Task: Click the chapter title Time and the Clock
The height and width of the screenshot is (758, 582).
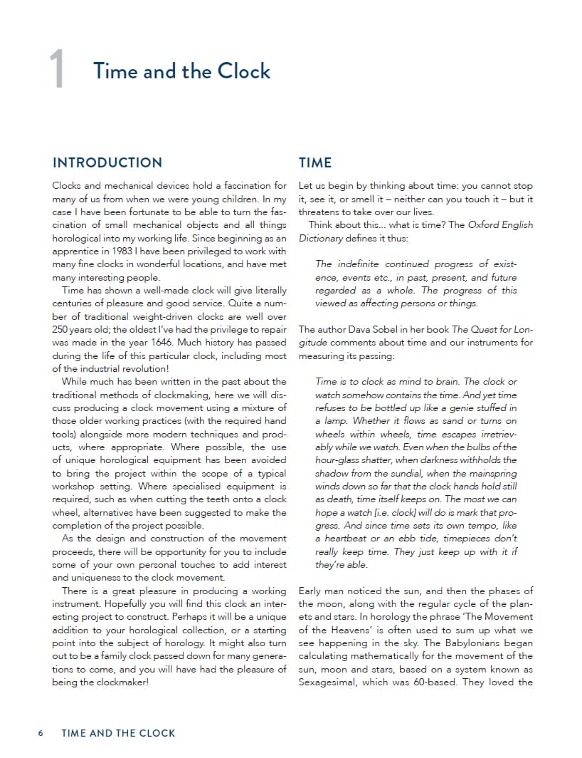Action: coord(181,71)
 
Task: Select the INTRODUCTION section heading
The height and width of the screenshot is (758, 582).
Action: coord(107,162)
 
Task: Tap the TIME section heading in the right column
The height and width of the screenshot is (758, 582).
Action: coord(315,162)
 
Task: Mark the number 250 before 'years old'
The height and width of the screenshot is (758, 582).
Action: coord(62,329)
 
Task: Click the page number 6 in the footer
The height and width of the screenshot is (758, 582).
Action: coord(41,733)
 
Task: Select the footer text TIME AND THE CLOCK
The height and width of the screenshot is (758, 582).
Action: coord(118,733)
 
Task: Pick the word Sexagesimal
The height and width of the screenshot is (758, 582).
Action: coord(329,682)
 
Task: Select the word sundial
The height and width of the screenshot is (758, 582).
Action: coord(403,474)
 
